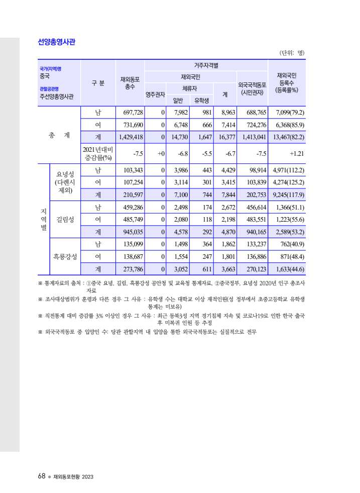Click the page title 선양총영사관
[x=57, y=42]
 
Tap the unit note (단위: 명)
[x=292, y=53]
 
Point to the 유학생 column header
[x=204, y=101]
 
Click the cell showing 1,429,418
[x=130, y=136]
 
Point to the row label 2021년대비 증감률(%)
[x=98, y=153]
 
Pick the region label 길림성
[x=65, y=219]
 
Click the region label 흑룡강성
[x=65, y=256]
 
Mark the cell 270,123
[x=253, y=269]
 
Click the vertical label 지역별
[x=44, y=219]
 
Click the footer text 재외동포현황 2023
[x=73, y=476]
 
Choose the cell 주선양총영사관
[x=56, y=96]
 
